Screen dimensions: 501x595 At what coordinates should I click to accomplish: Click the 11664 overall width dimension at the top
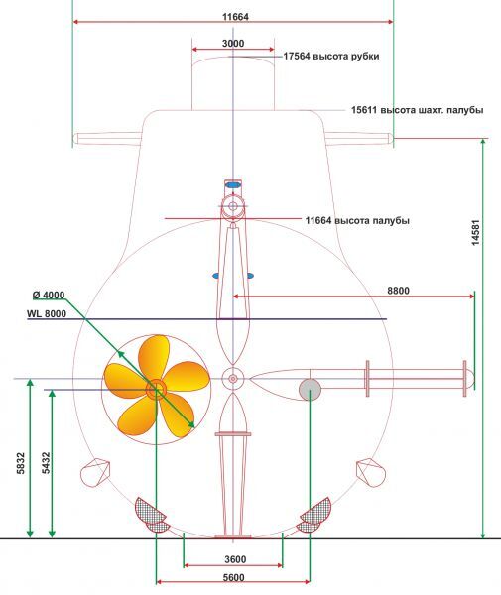click(x=235, y=17)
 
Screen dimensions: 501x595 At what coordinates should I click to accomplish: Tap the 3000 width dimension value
click(x=233, y=44)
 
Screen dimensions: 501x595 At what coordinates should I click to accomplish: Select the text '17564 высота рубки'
click(x=331, y=57)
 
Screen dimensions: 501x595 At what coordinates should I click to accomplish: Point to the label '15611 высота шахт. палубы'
click(x=418, y=110)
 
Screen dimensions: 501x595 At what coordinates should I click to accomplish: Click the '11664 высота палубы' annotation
click(x=357, y=220)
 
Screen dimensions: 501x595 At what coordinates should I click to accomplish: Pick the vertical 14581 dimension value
click(x=475, y=232)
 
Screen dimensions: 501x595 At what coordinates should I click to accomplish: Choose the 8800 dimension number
click(x=398, y=291)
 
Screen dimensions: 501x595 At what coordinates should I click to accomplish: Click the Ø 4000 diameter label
click(x=49, y=295)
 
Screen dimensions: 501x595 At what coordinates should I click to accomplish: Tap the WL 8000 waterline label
click(x=47, y=313)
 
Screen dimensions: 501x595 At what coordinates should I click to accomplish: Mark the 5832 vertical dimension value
click(x=21, y=463)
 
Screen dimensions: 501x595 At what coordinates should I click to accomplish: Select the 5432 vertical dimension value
click(x=46, y=463)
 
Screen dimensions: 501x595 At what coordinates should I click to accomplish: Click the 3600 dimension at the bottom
click(x=235, y=559)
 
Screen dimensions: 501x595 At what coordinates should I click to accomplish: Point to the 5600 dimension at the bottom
click(x=233, y=578)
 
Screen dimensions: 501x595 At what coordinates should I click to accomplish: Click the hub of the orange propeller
click(x=156, y=389)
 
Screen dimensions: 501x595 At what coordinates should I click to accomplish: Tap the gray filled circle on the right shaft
click(x=310, y=390)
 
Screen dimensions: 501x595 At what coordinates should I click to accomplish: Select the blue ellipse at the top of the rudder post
click(x=233, y=185)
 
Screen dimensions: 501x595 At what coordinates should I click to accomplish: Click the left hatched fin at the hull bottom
click(x=152, y=516)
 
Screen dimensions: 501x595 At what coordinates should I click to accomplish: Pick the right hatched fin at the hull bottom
click(x=314, y=516)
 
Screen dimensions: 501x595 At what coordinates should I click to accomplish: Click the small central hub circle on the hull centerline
click(x=233, y=379)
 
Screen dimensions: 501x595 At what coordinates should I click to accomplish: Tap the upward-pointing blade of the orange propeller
click(x=154, y=357)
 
